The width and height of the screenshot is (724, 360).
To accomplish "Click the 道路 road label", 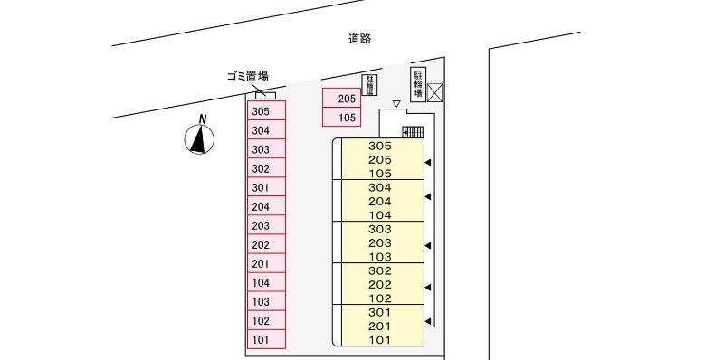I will [359, 39].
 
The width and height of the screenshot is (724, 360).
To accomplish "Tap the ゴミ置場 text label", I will [246, 77].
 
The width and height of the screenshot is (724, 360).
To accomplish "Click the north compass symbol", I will [199, 137].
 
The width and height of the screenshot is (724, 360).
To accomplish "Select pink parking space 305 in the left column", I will [267, 111].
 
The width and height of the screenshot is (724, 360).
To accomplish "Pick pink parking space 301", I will [267, 187].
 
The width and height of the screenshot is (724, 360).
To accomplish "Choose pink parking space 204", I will [267, 206].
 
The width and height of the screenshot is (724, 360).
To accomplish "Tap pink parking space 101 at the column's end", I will [267, 340].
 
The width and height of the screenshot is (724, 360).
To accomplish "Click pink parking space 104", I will [267, 283].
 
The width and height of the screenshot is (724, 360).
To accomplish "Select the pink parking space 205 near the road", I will [341, 99].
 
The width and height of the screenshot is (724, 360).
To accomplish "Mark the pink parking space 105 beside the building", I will [341, 118].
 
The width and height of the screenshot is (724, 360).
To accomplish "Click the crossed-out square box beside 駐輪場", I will [436, 91].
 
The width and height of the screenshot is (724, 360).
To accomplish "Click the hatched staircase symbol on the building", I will [413, 133].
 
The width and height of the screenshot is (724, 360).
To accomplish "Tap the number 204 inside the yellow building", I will [380, 202].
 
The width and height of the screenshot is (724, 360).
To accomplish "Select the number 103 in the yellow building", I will [380, 256].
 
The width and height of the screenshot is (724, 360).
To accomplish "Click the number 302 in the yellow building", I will [380, 270].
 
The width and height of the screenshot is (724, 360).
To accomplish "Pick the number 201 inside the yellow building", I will [380, 326].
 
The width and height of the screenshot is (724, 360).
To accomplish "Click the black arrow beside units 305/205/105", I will [428, 163].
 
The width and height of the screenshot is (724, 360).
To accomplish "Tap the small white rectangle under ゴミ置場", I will [265, 94].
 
